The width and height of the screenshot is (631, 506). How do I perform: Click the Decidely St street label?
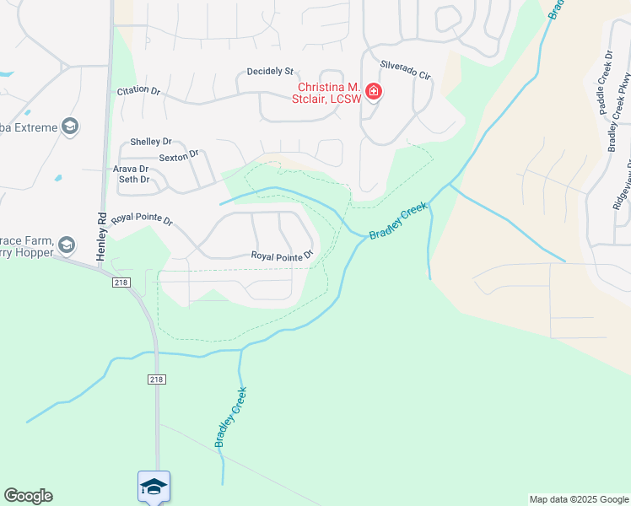(x=270, y=72)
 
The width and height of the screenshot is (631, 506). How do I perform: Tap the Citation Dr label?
(x=138, y=89)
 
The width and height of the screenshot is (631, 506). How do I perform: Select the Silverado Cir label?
(x=405, y=70)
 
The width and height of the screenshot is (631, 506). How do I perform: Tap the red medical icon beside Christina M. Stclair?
(x=373, y=92)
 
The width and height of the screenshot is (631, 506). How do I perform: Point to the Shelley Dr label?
(x=151, y=142)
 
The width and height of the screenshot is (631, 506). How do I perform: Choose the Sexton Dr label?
(x=178, y=154)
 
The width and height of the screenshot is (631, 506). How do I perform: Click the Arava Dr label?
(x=131, y=169)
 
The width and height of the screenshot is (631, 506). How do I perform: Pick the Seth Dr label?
(x=133, y=179)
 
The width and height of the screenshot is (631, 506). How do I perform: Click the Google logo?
(x=28, y=496)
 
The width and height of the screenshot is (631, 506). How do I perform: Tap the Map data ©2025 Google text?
(x=578, y=499)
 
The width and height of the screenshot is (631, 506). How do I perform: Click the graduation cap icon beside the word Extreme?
(x=70, y=127)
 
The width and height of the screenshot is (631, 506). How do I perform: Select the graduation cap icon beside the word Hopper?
(x=67, y=246)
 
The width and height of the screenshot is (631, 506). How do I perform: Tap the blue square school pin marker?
(x=154, y=486)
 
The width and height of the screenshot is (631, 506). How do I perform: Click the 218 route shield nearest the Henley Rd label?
(x=120, y=283)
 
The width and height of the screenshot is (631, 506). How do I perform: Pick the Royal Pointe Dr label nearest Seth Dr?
(x=142, y=220)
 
